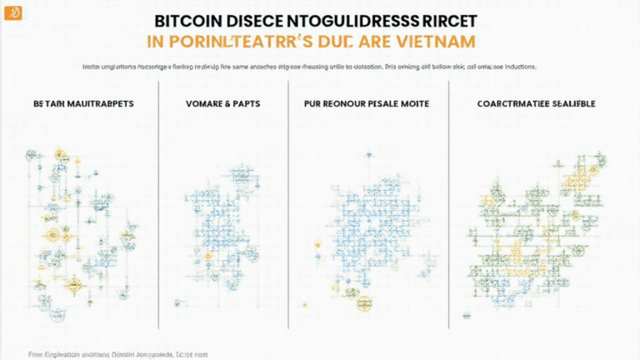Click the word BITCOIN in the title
tap(186, 19)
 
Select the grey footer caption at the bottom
tap(117, 354)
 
